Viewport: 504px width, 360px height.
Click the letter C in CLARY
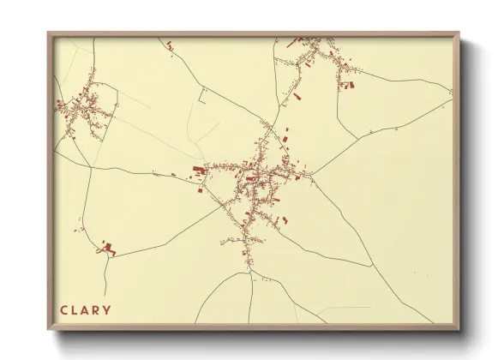point(64,309)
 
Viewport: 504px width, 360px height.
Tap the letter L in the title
point(75,309)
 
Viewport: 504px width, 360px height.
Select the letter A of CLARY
point(87,309)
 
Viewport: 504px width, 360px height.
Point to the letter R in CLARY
point(98,309)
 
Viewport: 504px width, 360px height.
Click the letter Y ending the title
point(108,309)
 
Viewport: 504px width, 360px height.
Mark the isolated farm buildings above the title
point(109,248)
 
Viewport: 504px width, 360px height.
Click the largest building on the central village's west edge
point(199,171)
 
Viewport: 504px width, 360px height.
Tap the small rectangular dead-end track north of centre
point(203,96)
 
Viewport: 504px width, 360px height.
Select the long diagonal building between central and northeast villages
point(297,97)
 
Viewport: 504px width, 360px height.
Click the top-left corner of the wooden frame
point(50,35)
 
